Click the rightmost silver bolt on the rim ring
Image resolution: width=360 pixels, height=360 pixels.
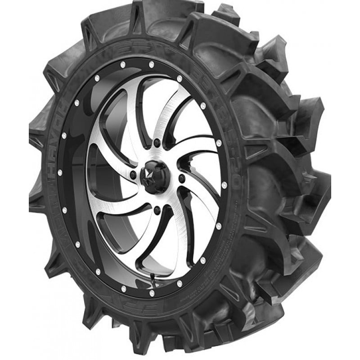pos(224,185)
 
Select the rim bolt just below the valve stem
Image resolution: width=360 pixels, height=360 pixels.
pos(151,292)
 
